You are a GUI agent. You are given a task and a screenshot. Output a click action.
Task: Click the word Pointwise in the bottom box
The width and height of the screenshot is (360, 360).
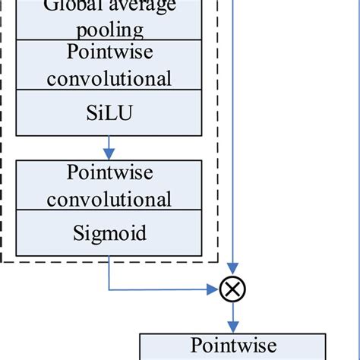tap(232, 346)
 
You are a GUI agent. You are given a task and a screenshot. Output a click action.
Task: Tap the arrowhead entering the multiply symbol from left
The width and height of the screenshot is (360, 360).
tap(214, 289)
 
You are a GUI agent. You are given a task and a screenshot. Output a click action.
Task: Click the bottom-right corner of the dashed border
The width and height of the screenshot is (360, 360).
tap(219, 262)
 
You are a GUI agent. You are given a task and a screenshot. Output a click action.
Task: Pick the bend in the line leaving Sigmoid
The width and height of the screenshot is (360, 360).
tap(110, 289)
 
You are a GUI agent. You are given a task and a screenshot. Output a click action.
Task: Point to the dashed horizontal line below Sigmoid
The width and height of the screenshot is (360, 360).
tap(114, 262)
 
